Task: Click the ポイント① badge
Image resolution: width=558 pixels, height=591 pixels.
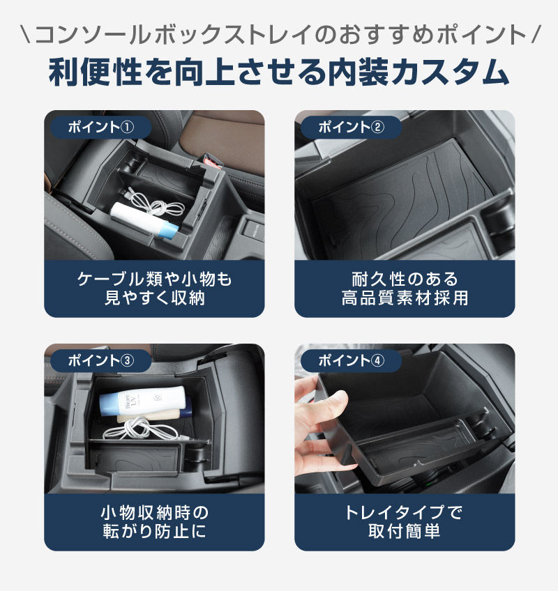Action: click(x=100, y=128)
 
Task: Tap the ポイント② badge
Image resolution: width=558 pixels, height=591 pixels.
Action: click(x=351, y=128)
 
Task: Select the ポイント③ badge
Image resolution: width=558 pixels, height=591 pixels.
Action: click(x=100, y=361)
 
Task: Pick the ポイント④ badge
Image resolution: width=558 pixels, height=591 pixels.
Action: click(x=351, y=361)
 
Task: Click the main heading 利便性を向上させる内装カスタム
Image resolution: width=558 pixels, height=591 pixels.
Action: click(x=279, y=72)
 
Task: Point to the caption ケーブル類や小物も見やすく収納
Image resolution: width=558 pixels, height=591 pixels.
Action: click(x=154, y=289)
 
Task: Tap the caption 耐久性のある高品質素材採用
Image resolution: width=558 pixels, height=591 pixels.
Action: click(x=405, y=289)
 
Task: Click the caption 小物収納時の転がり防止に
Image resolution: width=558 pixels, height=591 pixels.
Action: click(x=154, y=522)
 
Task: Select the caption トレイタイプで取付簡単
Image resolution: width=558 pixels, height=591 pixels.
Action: click(x=405, y=522)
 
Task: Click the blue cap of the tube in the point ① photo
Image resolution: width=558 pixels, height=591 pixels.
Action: click(x=168, y=230)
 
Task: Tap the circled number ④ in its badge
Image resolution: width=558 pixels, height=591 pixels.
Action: click(x=377, y=361)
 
